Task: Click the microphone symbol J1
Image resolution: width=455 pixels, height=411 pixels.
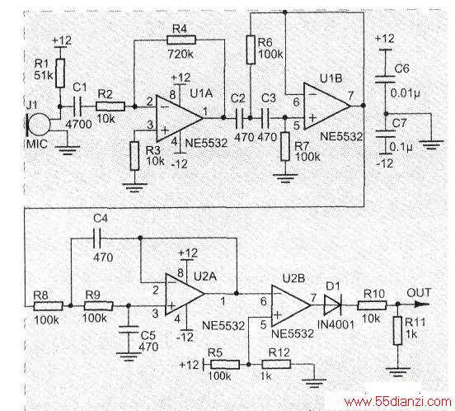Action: tap(38, 125)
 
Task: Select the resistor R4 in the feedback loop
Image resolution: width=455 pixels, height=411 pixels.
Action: tap(181, 40)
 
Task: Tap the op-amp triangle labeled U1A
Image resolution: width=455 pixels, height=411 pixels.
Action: tap(180, 118)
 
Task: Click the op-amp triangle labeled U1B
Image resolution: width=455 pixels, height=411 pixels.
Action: tap(327, 106)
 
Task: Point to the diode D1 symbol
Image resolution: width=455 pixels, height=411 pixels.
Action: tap(332, 305)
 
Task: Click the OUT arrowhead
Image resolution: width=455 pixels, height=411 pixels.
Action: tap(422, 305)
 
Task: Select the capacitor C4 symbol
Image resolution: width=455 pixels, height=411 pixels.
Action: tap(97, 239)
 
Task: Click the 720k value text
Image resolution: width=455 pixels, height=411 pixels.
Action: tap(181, 54)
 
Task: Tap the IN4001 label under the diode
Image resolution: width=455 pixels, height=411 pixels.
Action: tap(336, 324)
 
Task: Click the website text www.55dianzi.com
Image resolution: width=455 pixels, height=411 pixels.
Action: tap(398, 402)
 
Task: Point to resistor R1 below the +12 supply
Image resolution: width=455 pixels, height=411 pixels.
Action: tap(60, 73)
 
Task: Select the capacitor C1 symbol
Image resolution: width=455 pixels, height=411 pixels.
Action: tap(78, 106)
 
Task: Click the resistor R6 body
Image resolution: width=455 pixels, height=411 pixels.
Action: tap(251, 50)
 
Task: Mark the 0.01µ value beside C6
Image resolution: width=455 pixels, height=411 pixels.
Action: tap(405, 93)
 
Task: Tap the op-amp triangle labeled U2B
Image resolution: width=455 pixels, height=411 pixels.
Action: tap(291, 305)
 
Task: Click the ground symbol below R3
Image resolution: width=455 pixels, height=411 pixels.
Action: tap(134, 187)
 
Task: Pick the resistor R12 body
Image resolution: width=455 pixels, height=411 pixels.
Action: tap(276, 364)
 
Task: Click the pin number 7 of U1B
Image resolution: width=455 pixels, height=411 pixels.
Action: tap(351, 95)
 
